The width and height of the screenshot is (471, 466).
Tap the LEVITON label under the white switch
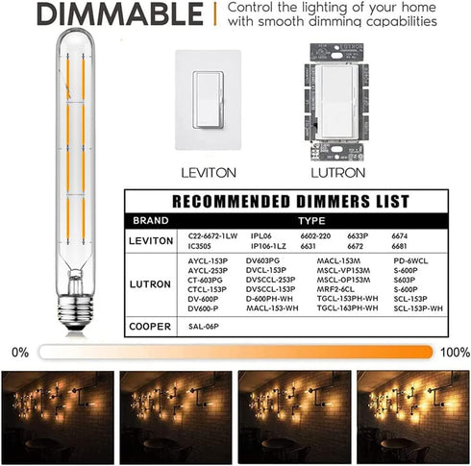coord(209,173)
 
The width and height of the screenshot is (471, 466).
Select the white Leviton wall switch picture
coord(209,101)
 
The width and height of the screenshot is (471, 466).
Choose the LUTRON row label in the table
coord(151,284)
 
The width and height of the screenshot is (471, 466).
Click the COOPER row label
coord(151,327)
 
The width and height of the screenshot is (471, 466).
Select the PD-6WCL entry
coord(410,259)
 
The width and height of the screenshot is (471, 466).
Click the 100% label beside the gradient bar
coord(452,353)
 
